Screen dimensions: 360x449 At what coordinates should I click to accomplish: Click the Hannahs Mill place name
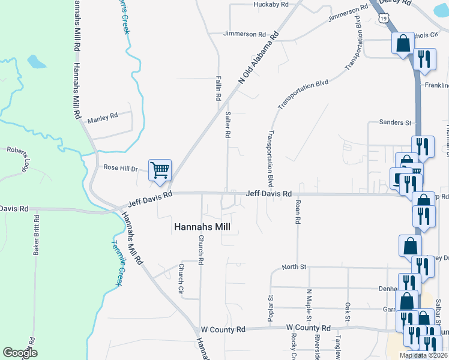pos(202,227)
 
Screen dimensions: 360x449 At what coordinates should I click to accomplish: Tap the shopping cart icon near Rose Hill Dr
pos(160,170)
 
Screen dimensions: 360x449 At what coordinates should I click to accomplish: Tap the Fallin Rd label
pos(218,88)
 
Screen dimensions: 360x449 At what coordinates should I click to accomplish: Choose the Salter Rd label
pos(228,125)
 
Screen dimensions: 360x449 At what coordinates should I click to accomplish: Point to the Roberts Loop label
pos(18,154)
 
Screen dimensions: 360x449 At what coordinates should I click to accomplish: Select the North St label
pos(294,267)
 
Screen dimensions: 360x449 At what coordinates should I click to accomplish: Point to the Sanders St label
pos(395,122)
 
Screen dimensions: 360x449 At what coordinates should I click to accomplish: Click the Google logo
pos(20,353)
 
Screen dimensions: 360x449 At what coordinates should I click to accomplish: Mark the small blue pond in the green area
pos(35,61)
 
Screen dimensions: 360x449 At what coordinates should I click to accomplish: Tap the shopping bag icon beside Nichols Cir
pos(403,44)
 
